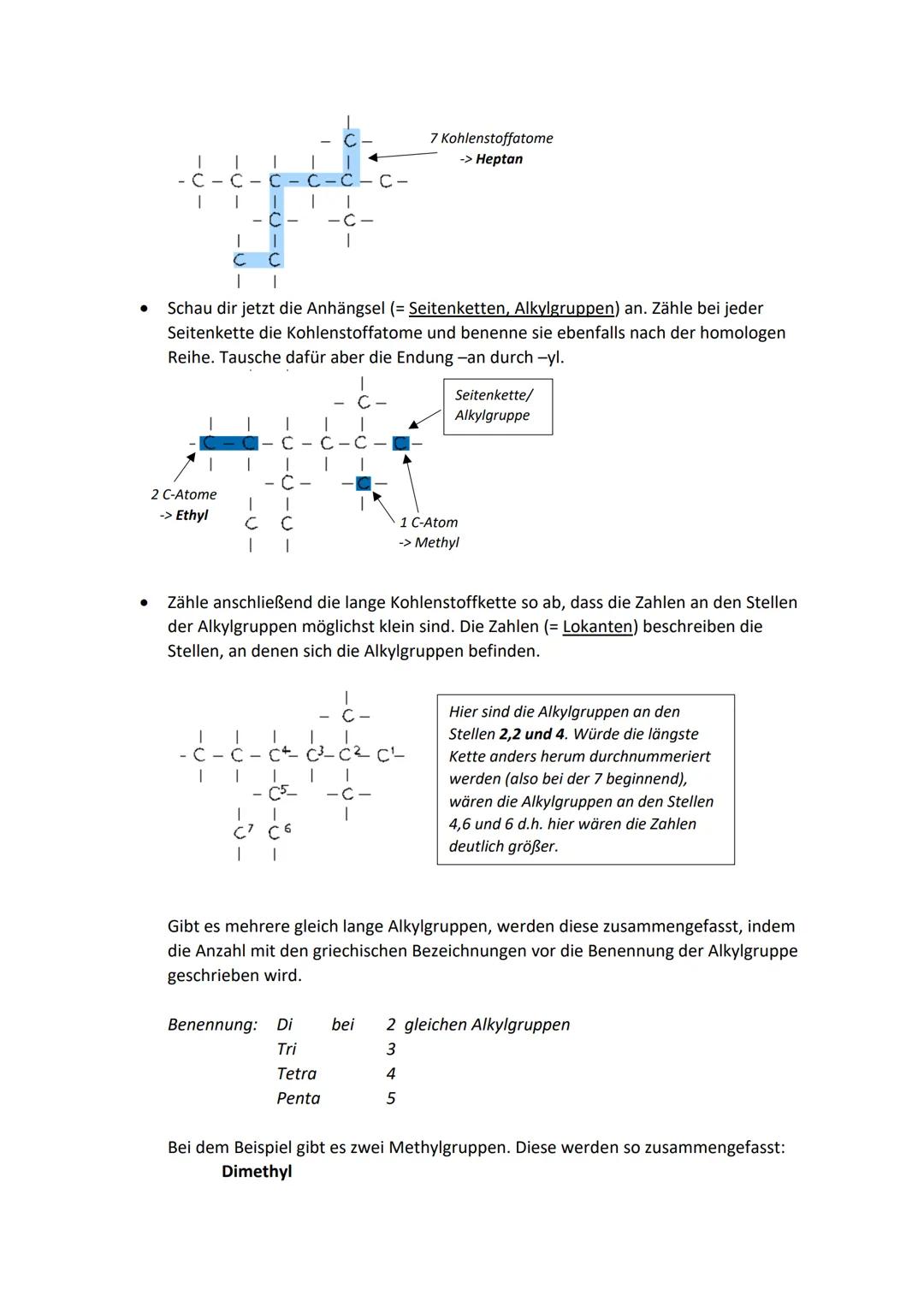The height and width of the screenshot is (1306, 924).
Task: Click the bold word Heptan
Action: tap(499, 159)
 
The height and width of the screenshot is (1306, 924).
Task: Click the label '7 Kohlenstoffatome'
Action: tap(491, 139)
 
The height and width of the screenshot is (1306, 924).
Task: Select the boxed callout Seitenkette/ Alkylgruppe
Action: tap(497, 405)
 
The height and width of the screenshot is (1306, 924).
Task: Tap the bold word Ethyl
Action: tap(192, 515)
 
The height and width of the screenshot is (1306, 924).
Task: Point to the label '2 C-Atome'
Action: tap(184, 494)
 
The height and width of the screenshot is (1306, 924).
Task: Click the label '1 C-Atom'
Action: tap(429, 522)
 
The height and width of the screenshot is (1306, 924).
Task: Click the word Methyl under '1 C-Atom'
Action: tap(436, 542)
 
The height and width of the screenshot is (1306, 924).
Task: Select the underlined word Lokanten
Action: tap(597, 626)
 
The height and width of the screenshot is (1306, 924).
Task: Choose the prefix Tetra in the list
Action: tap(296, 1073)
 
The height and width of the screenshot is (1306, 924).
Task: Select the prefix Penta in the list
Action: tap(298, 1098)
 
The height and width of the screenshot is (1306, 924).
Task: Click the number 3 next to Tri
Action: tap(391, 1049)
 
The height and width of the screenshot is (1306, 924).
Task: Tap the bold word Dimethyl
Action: tap(257, 1172)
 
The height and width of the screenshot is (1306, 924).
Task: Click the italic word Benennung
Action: tap(212, 1025)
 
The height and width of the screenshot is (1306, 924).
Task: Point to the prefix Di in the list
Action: tap(284, 1025)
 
